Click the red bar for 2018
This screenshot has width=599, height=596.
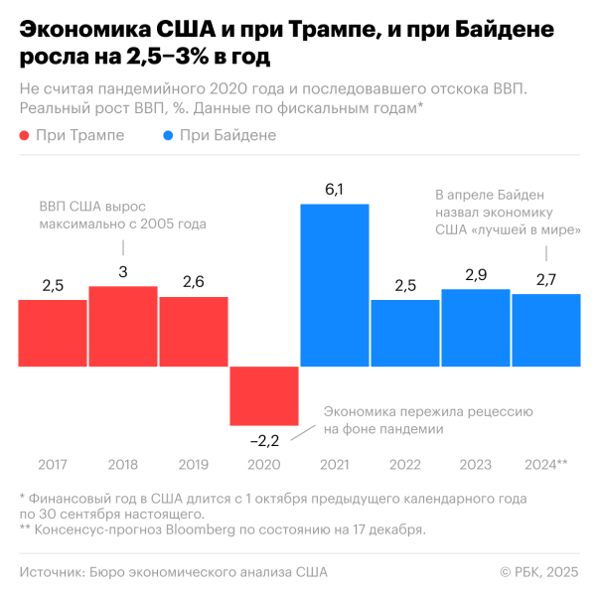coord(123,326)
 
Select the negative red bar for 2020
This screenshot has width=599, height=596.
coord(264,396)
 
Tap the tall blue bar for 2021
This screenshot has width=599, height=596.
coord(335,285)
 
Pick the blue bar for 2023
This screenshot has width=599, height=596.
coord(476,328)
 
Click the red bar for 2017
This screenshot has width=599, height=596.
coord(53,333)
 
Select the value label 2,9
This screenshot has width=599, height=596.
coord(476,274)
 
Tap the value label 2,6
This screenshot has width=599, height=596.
coord(194,282)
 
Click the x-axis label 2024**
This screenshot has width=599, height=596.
coord(545,464)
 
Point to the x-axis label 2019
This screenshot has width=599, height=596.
coord(194,464)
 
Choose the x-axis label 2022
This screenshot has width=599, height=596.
coord(405,464)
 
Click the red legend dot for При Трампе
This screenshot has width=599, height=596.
coord(24,135)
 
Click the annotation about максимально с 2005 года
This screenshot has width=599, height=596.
coord(122,216)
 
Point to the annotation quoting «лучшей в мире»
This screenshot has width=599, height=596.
coord(508,212)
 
